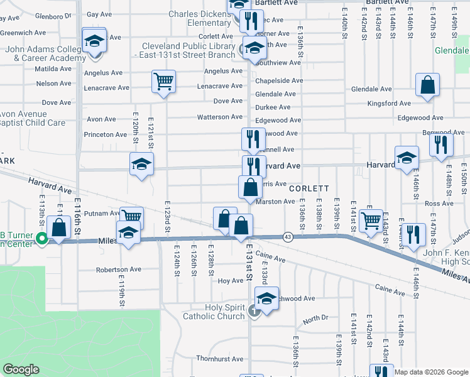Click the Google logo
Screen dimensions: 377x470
coord(21,369)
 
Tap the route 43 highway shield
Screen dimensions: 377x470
coord(288,236)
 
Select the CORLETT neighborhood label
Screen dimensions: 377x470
coord(309,188)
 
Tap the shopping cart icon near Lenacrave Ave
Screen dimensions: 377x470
coord(163,81)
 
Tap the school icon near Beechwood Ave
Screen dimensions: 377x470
coord(266,298)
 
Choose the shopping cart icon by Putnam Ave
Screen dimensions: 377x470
coord(131,217)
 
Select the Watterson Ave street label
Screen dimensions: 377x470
coord(219,117)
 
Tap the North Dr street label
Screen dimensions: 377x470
coord(315,318)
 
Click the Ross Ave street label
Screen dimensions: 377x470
coord(434,204)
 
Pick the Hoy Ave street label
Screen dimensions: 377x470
coord(230,281)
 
